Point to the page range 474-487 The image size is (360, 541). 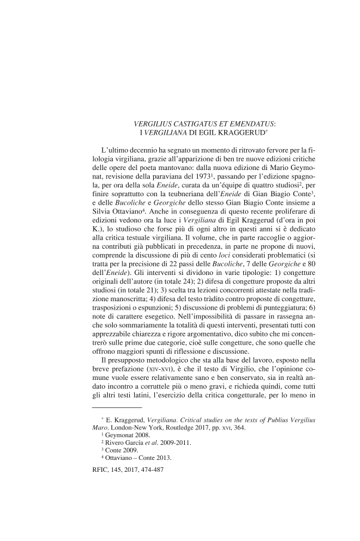pos(148,471)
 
